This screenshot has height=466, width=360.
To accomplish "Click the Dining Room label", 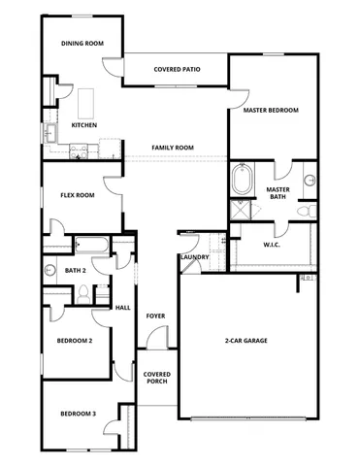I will point(82,44).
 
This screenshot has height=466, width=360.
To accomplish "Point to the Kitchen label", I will point(83,126).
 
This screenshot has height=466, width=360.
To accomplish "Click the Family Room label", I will point(172,148).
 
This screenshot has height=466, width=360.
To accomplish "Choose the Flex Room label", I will point(77,195).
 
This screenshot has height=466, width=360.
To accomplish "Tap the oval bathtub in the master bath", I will point(242,181).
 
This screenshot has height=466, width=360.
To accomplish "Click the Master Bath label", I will point(278,193).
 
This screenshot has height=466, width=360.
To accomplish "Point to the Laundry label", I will point(193,257).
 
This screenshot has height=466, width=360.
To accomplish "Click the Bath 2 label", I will point(76,271).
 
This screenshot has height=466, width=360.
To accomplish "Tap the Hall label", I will point(123,307).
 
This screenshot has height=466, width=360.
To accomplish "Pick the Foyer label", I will point(154,316).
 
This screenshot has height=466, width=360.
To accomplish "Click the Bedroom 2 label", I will point(75,341).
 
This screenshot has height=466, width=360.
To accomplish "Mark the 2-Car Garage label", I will point(245,341).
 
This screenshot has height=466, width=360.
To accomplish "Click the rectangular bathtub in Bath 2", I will point(93,244).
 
